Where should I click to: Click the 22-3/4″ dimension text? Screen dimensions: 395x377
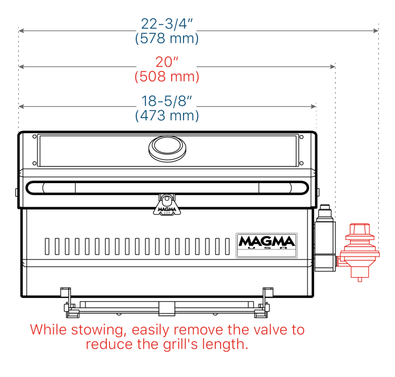coord(167,24)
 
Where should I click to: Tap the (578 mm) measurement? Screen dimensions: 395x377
coord(167,38)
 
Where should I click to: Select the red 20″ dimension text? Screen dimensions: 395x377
coord(167,62)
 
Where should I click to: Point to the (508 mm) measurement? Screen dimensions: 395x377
coord(167,76)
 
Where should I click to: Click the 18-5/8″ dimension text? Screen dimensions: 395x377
coord(167,101)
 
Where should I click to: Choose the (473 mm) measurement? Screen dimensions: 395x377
coord(167,115)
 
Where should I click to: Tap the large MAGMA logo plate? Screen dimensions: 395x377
coord(267,245)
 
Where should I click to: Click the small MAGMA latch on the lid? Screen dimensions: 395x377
coord(167,205)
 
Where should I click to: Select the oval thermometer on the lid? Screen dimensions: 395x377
coord(167,148)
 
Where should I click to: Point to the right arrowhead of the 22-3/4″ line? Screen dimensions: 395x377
coord(376,31)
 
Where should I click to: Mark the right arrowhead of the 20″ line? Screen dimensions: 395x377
coord(333,67)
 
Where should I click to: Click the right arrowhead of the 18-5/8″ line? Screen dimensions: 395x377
coord(313,106)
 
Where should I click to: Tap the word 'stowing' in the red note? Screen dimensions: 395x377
coord(99,330)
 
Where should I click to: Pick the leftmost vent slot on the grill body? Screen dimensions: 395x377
coord(47,246)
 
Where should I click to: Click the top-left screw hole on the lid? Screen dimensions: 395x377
coord(34,136)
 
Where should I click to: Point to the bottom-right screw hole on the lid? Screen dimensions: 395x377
coord(301,163)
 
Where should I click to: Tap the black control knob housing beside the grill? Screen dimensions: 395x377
coord(325,238)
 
